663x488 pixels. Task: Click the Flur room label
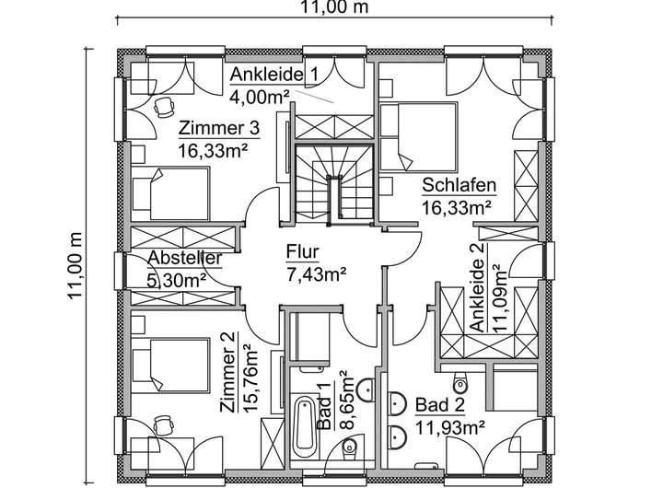302,251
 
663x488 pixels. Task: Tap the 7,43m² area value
316,274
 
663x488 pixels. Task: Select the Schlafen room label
459,186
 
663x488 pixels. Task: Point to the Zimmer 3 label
218,128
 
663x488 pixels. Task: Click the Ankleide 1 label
273,75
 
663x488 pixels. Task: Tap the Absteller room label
185,258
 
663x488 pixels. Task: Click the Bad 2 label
440,405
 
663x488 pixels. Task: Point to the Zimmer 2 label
228,372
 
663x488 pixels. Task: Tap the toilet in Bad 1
349,447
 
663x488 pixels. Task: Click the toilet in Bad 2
459,383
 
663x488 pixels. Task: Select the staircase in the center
334,182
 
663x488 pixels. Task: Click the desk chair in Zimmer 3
163,107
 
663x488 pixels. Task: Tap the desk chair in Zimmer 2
163,425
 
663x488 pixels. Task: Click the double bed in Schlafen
419,136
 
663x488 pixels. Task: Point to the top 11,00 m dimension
334,7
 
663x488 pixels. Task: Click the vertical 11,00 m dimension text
76,265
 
